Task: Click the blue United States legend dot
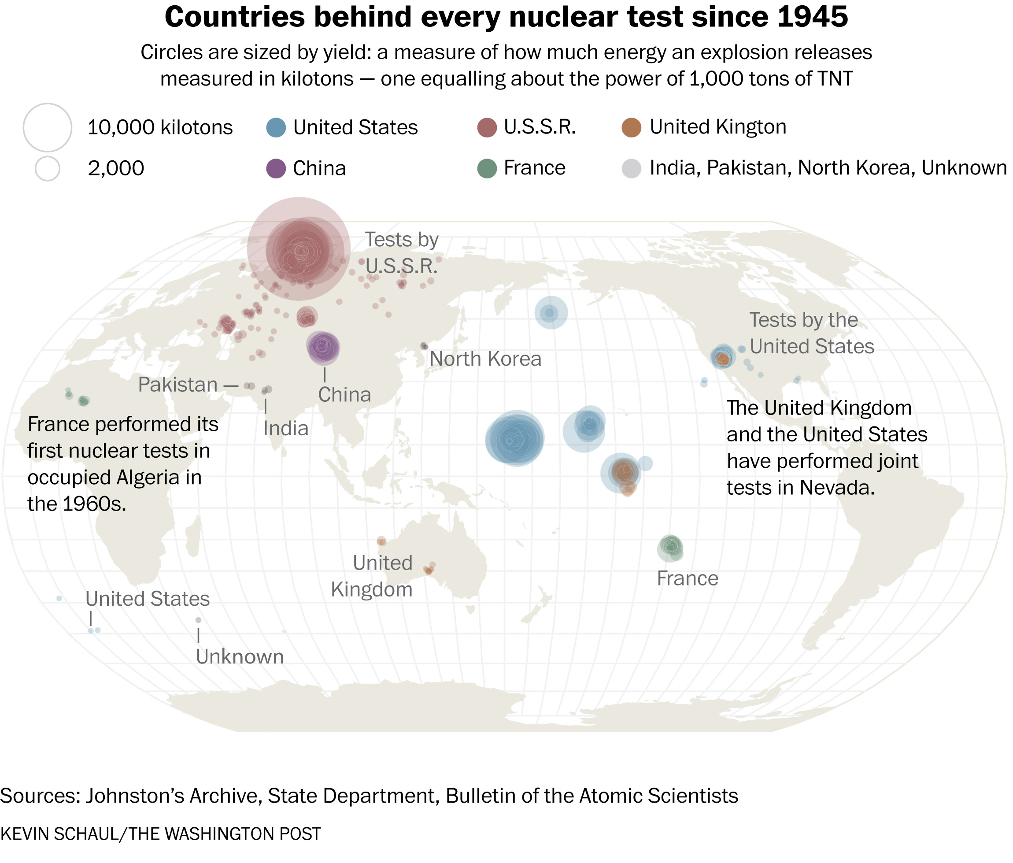click(x=276, y=128)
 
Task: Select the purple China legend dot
click(x=276, y=169)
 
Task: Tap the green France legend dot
click(x=487, y=169)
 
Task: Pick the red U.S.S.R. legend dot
click(x=487, y=128)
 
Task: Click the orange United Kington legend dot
click(x=632, y=128)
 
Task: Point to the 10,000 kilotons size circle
click(x=48, y=128)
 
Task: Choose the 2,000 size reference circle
click(x=48, y=169)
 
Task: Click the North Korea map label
click(x=485, y=359)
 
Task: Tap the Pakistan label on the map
click(x=178, y=385)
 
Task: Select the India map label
click(x=285, y=429)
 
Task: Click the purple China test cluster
click(x=323, y=348)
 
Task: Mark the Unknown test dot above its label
click(x=199, y=620)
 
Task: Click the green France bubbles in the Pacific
click(x=670, y=547)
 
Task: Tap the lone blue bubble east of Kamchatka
click(x=551, y=313)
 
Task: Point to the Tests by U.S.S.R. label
click(x=401, y=253)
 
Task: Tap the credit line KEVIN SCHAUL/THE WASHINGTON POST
click(x=161, y=833)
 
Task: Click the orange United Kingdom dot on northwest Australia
click(x=381, y=541)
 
